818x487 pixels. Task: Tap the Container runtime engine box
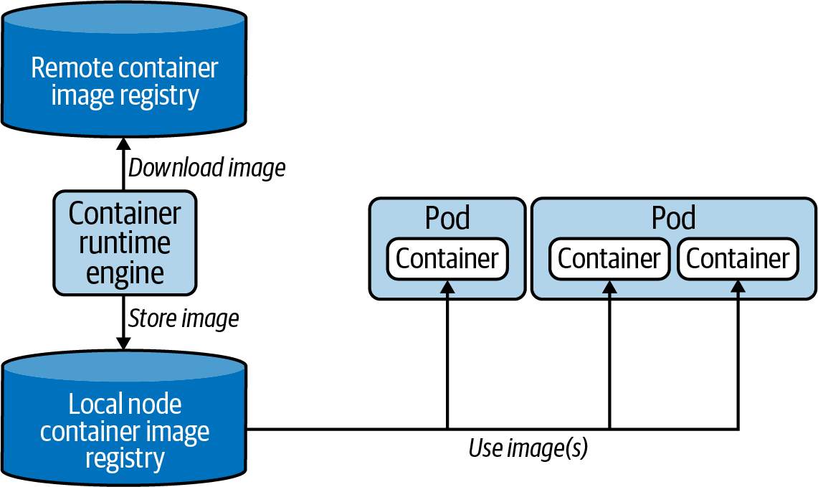click(125, 243)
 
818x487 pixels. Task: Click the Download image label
click(206, 168)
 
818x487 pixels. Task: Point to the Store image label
click(183, 318)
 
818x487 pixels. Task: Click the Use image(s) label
click(528, 449)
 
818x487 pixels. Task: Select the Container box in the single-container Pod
click(447, 259)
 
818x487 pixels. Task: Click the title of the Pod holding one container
click(447, 217)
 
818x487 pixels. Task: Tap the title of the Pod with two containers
click(673, 217)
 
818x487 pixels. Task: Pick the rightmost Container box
click(738, 259)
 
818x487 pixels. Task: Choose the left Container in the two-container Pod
click(609, 259)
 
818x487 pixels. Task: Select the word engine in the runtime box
click(125, 273)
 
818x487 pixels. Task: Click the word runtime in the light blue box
click(125, 243)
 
